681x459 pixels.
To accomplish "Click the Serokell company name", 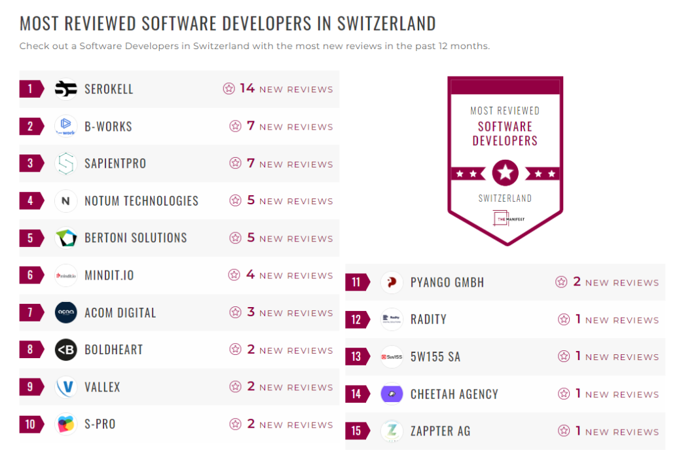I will [x=109, y=89].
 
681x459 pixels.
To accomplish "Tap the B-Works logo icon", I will [x=65, y=126].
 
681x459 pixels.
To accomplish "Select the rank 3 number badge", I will [x=30, y=164].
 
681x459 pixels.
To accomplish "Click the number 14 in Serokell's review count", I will [x=247, y=88].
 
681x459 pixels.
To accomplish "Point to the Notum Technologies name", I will [x=141, y=201].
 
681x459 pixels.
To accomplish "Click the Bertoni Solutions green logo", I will [x=65, y=238].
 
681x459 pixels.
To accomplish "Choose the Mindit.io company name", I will [x=109, y=276].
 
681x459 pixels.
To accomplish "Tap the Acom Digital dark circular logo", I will [x=65, y=312].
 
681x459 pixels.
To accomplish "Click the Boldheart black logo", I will [x=65, y=350].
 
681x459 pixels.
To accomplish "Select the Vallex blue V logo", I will [x=65, y=387].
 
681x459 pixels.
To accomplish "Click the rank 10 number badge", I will [x=30, y=424].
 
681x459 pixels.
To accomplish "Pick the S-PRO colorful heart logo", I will [x=65, y=424].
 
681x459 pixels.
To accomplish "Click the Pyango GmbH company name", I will [x=447, y=282].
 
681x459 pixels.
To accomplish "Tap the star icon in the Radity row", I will [x=563, y=320].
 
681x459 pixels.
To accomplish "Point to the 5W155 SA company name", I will [x=435, y=357].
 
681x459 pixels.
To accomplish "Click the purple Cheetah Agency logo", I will [x=392, y=394].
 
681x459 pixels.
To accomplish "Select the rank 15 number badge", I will [x=356, y=431].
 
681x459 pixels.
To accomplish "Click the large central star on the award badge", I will [x=505, y=173].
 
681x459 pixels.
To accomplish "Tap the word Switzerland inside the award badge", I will [x=505, y=198].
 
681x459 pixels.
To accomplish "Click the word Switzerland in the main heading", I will [x=386, y=24].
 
